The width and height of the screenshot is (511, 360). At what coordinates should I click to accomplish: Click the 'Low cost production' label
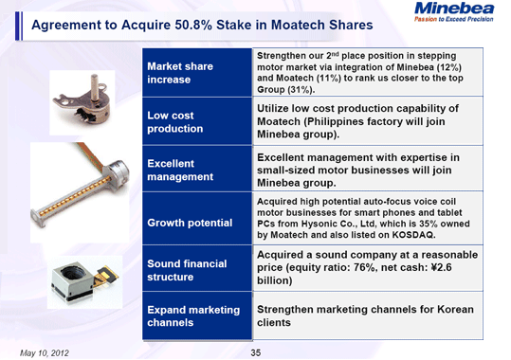pyautogui.click(x=174, y=121)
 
